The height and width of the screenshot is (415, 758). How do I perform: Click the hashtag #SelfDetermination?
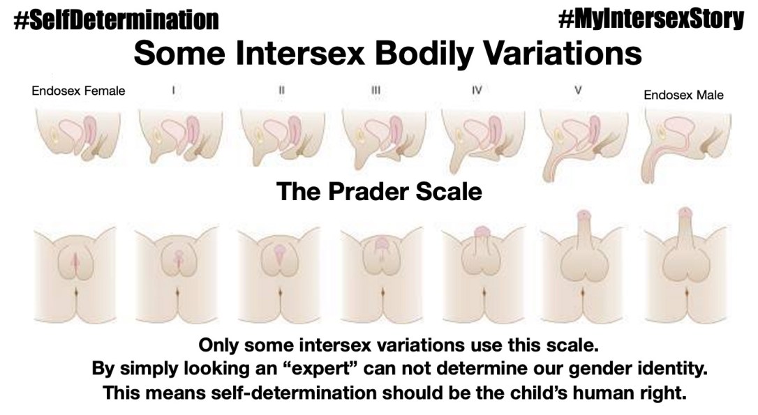tap(115, 21)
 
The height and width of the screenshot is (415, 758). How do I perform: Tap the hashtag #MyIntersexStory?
tap(651, 20)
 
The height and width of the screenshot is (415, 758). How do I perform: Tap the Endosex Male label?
tap(683, 95)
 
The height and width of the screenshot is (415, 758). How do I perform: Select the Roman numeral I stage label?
tap(172, 90)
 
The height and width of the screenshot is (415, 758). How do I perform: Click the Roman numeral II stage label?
tap(280, 90)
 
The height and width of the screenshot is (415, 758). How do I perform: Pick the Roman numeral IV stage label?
tap(477, 90)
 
